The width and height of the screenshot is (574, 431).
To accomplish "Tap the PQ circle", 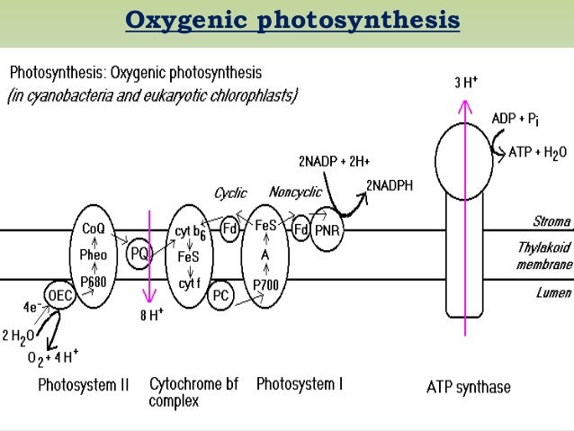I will tap(139, 255).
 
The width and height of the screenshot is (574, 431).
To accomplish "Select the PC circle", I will tap(220, 294).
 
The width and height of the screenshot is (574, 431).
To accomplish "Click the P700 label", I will tap(265, 283).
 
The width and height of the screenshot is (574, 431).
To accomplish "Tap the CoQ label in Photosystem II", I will tap(94, 230).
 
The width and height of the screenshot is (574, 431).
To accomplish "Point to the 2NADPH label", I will tap(390, 185).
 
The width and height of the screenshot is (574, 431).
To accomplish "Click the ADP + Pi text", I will tap(516, 119).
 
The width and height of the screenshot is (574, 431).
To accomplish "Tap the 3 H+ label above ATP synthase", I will tap(465, 82).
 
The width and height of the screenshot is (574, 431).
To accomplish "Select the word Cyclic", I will tap(230, 193).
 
